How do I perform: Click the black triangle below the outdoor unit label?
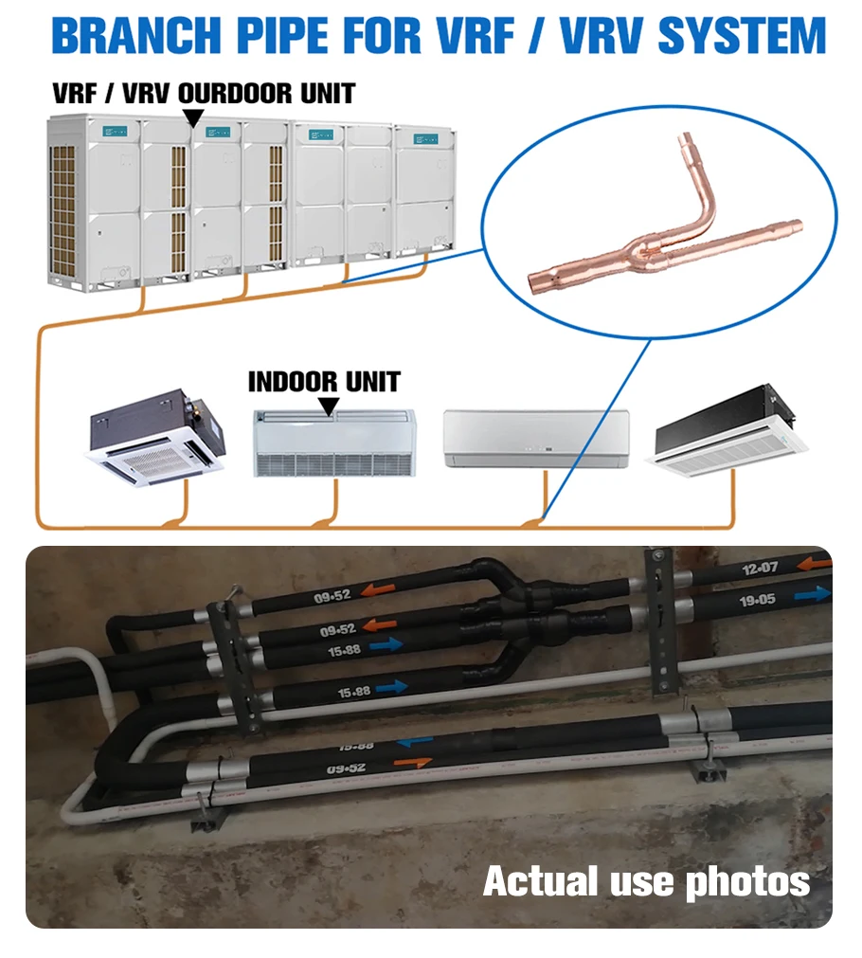coord(193,117)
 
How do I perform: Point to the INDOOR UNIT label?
coord(324,382)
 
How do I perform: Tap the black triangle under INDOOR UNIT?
coord(329,406)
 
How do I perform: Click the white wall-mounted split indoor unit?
coord(536,438)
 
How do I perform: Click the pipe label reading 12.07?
coord(760,569)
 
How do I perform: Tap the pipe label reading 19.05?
coord(757,599)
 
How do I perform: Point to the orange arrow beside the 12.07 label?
coord(811,565)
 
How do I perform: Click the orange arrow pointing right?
coord(412,762)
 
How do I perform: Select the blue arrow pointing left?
coord(415,742)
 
